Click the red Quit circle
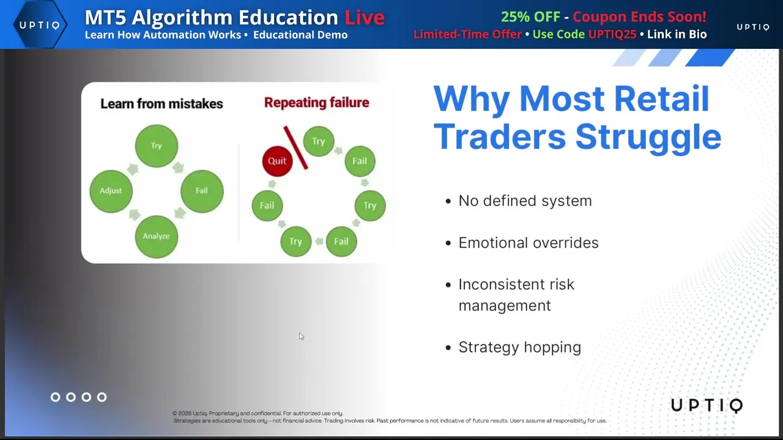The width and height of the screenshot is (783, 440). [277, 161]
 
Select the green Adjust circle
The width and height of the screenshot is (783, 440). [111, 191]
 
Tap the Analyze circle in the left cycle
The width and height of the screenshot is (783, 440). [156, 237]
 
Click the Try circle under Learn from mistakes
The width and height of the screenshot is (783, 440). [156, 146]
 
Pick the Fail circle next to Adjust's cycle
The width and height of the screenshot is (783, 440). [202, 191]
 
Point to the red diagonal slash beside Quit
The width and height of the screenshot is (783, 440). [295, 148]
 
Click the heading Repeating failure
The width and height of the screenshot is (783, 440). [317, 103]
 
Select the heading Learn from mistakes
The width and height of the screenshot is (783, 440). [161, 104]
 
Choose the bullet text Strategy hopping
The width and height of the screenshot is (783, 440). [520, 348]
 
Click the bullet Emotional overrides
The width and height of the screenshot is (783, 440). [529, 243]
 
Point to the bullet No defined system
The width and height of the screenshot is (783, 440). [525, 201]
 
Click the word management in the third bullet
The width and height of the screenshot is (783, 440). [505, 306]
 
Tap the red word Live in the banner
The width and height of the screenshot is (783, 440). [365, 17]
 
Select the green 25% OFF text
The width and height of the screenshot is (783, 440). [530, 16]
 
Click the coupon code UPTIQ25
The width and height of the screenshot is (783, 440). [612, 34]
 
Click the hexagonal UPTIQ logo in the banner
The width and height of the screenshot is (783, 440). [40, 24]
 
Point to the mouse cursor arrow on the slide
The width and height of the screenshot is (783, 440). [302, 336]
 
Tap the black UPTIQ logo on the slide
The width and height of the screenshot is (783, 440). [707, 405]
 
